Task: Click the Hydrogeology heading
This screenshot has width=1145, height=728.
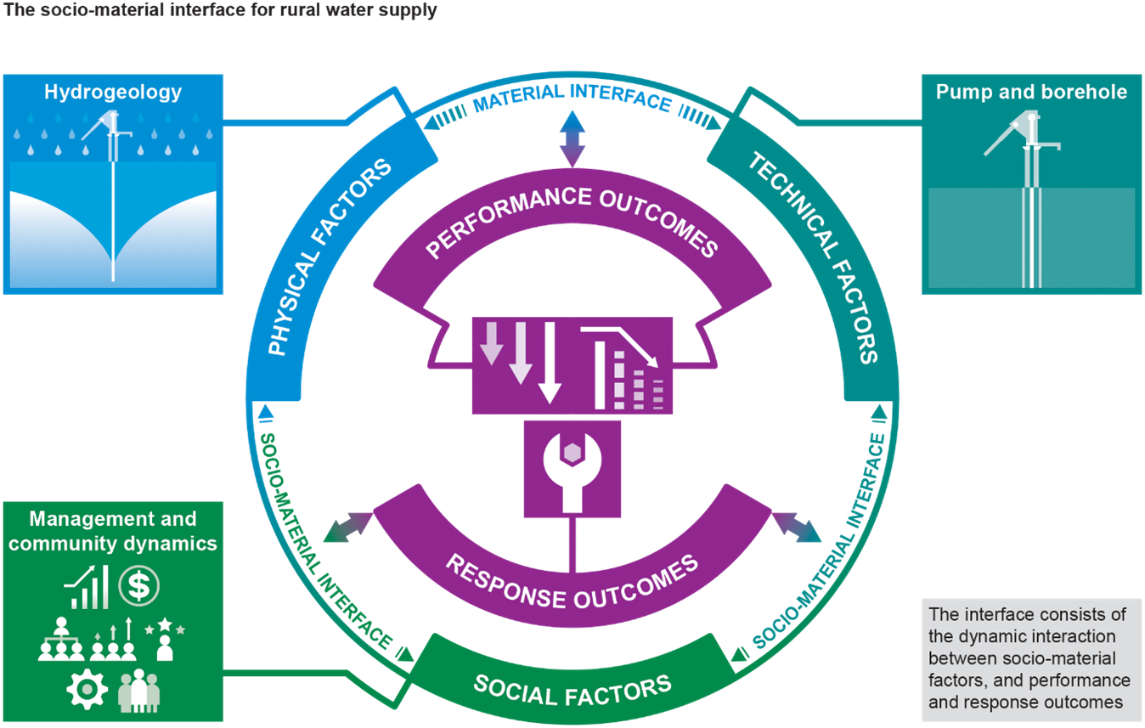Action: (x=113, y=92)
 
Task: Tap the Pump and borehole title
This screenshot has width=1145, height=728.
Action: (x=1031, y=92)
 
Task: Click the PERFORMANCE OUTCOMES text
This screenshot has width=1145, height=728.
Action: (x=572, y=219)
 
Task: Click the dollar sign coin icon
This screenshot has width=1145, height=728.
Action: (x=138, y=585)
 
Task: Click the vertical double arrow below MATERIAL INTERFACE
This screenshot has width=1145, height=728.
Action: (x=572, y=138)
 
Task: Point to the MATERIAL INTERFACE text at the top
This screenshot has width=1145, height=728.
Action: (x=572, y=99)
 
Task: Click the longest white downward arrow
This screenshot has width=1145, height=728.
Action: (x=550, y=362)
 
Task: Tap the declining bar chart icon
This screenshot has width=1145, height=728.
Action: (x=624, y=367)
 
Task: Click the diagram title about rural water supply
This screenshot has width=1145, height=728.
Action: (x=220, y=12)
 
